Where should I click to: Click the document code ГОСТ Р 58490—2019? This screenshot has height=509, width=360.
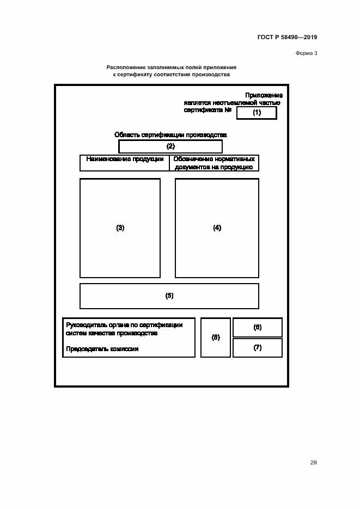coord(287,38)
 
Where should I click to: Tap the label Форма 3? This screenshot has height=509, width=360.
coord(306,53)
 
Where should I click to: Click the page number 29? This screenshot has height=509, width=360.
coord(313,463)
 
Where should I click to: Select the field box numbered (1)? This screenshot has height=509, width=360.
coord(257,113)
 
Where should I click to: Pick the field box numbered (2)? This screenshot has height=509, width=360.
coord(170,146)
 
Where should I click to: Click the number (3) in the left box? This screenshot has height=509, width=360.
coord(120,228)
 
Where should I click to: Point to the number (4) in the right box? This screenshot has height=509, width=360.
coord(217,228)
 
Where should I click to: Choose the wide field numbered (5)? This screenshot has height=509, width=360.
coord(169,296)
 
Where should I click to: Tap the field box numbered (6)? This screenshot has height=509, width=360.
coord(258,327)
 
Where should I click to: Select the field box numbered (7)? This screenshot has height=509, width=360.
coord(258,347)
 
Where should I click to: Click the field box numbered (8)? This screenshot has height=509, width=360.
coord(216,338)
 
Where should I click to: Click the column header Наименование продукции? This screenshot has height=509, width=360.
coord(125,160)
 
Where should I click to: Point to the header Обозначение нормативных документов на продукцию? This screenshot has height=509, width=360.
coord(214,163)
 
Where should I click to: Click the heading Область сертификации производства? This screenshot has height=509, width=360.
coord(170,134)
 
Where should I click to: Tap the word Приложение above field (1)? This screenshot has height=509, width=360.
coord(264,95)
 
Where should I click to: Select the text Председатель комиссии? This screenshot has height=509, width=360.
coord(102,349)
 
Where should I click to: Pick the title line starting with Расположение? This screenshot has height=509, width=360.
coord(171,68)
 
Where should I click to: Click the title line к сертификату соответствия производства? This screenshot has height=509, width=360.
coord(171,75)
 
